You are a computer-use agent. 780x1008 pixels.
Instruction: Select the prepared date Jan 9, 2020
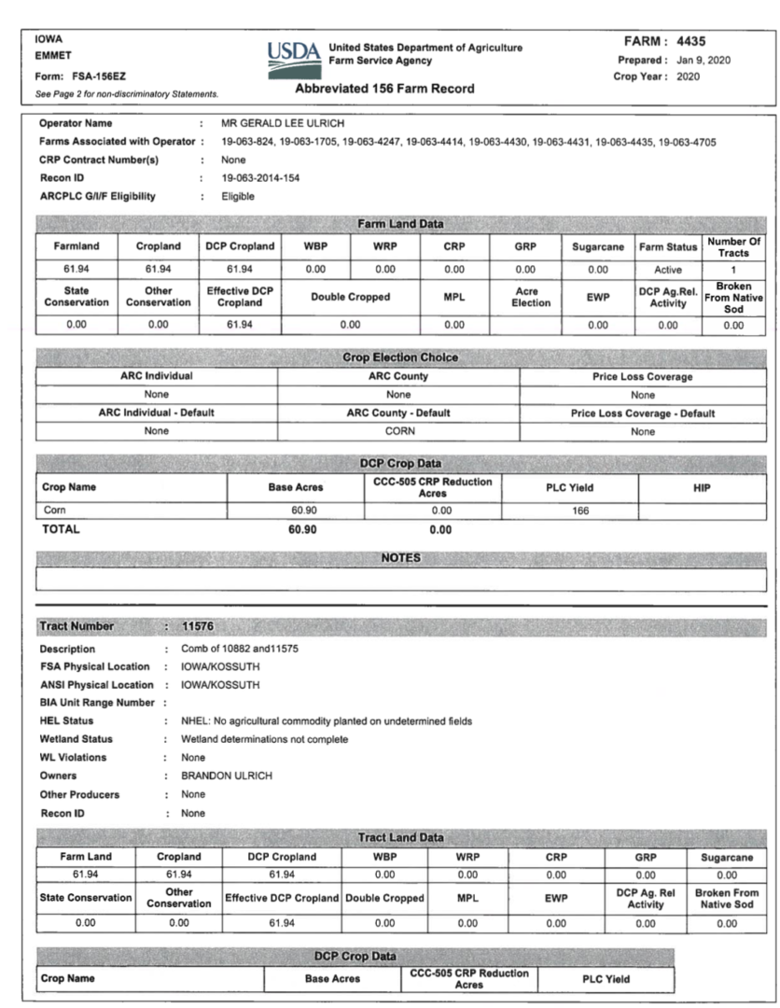point(704,60)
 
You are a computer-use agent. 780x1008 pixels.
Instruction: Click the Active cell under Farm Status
point(668,269)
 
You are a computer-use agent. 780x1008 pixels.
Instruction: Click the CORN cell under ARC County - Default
point(398,431)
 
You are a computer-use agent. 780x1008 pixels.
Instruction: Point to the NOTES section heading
point(401,557)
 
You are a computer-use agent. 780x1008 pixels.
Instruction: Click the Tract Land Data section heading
point(400,837)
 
